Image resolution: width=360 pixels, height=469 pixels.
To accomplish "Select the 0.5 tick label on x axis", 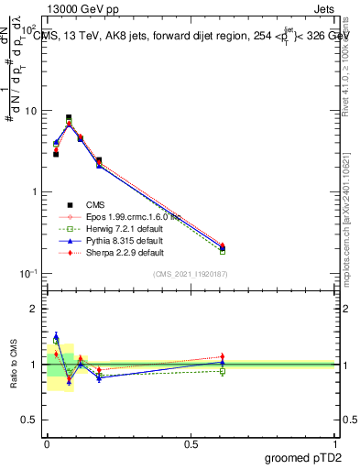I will click(x=191, y=443).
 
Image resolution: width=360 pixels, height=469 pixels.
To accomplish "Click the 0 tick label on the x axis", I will click(x=48, y=443).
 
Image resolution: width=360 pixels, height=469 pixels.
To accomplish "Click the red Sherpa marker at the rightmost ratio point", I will click(x=223, y=356).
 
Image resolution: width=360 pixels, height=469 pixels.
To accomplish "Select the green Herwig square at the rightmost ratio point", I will click(x=223, y=371).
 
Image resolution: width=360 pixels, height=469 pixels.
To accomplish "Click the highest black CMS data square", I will click(x=69, y=117).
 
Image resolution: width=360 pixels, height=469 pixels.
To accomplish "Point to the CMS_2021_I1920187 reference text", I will click(x=191, y=275).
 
